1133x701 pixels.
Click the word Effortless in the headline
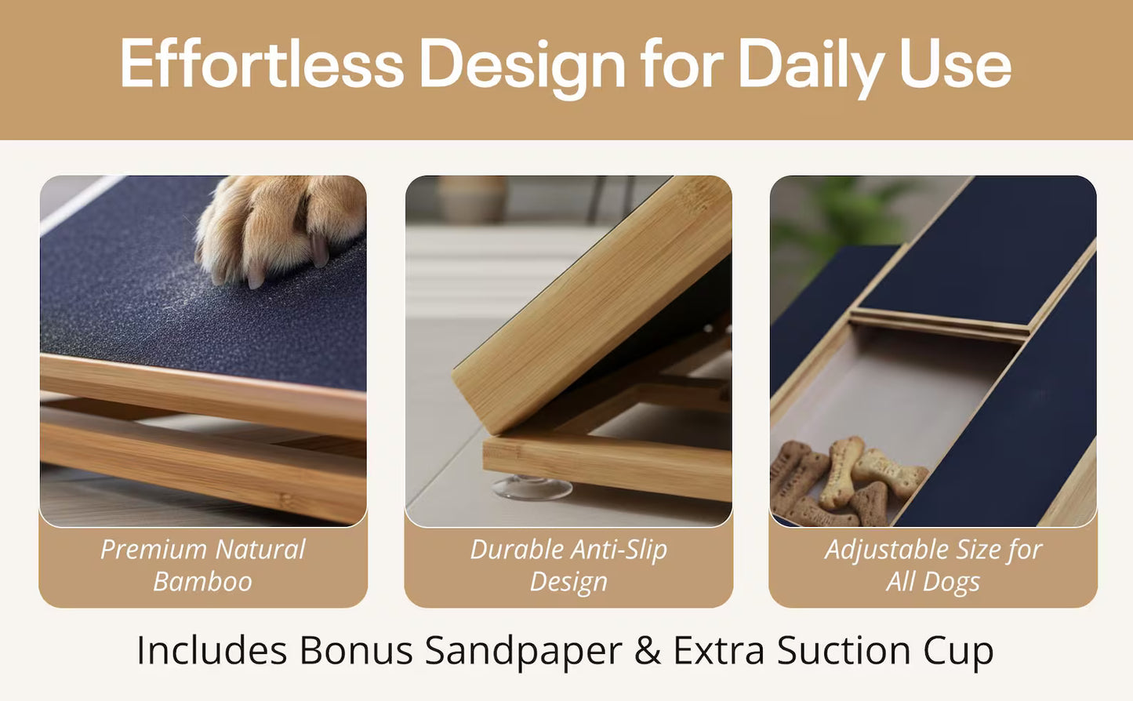click(262, 64)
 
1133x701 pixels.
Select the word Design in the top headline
click(522, 67)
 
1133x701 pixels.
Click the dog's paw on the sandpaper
click(281, 230)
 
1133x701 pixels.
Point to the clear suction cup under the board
click(532, 488)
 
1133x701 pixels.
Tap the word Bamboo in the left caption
click(203, 582)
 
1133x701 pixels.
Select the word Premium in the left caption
click(153, 549)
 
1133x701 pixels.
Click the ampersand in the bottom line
click(648, 650)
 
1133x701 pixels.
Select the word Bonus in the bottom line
click(356, 650)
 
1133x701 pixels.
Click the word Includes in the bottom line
click(212, 650)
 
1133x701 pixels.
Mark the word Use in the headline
click(955, 64)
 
